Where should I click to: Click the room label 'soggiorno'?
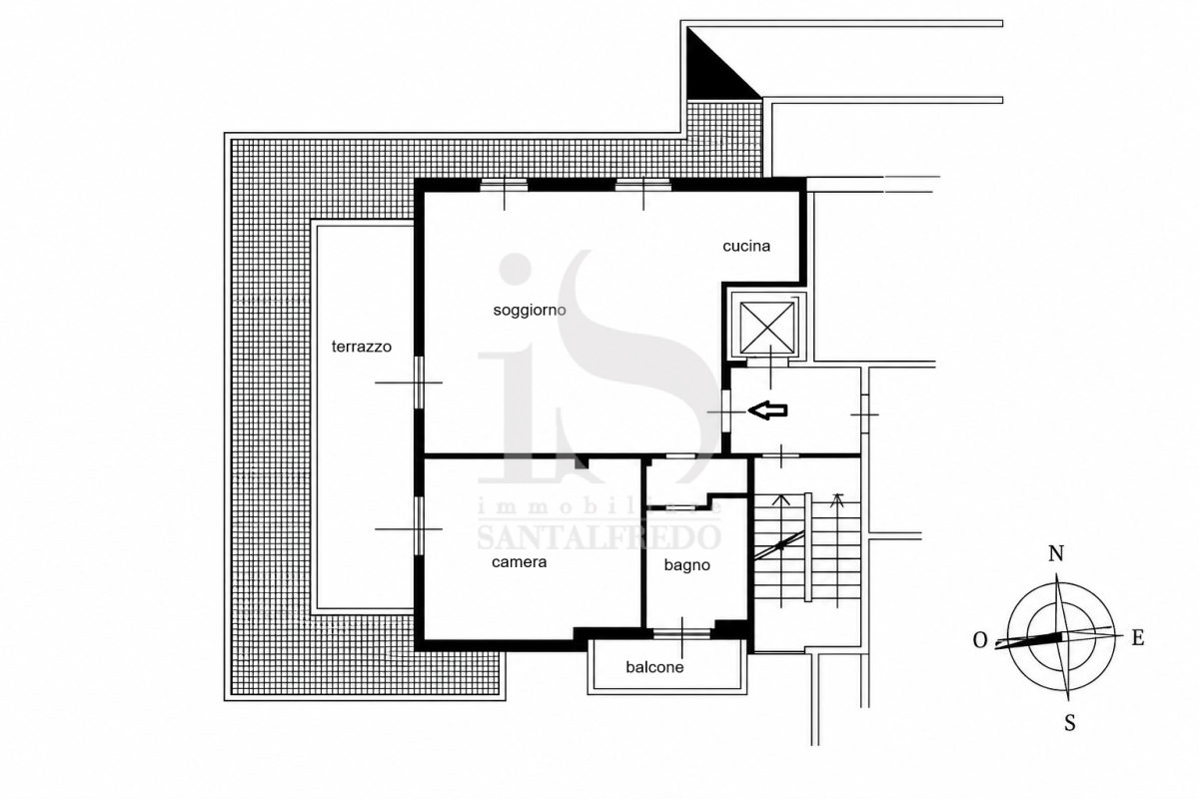coord(530,311)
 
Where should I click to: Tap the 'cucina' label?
coord(746,246)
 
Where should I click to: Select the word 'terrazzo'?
coord(362,347)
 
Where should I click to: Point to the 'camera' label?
coord(520,562)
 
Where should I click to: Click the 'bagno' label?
coord(686,565)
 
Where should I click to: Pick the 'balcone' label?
coord(654,667)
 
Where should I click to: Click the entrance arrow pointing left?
coord(767,410)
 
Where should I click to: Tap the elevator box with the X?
coord(767,328)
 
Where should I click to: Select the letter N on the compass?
coord(1055,554)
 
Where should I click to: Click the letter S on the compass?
coord(1069,723)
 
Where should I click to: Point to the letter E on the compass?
coord(1137,638)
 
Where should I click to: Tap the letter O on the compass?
coord(980,640)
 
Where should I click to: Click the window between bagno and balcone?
coord(681,633)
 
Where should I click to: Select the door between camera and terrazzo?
coord(419,525)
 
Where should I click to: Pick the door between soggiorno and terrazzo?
coord(419,384)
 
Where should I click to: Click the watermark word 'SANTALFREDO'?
coord(599,537)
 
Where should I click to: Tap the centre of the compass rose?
coord(1062,636)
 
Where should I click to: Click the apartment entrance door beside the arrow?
coord(725,411)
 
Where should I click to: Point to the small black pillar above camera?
coord(582,462)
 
